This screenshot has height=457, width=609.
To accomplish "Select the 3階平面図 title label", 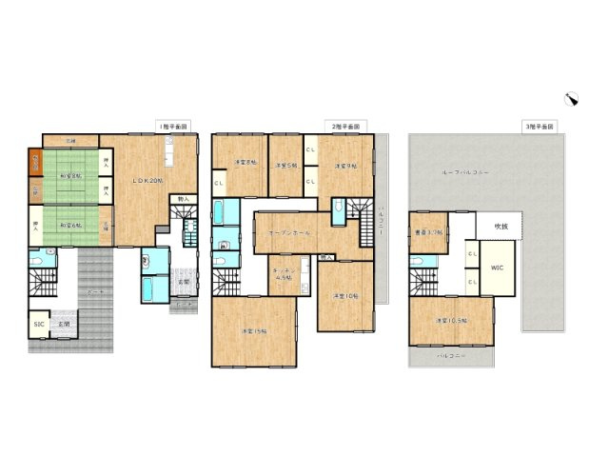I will point(539,126).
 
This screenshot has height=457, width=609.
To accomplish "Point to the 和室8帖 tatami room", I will point(71,176).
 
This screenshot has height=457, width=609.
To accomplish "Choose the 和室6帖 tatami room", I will point(71,225).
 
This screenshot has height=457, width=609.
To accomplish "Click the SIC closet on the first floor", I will point(38,325).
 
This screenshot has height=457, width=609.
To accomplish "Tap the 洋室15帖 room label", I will point(253,329).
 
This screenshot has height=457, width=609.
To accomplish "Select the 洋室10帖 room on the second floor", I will point(344,296).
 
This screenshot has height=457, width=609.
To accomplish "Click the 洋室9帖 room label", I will point(344,166).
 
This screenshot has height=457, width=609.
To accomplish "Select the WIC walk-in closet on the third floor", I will point(497,269).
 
